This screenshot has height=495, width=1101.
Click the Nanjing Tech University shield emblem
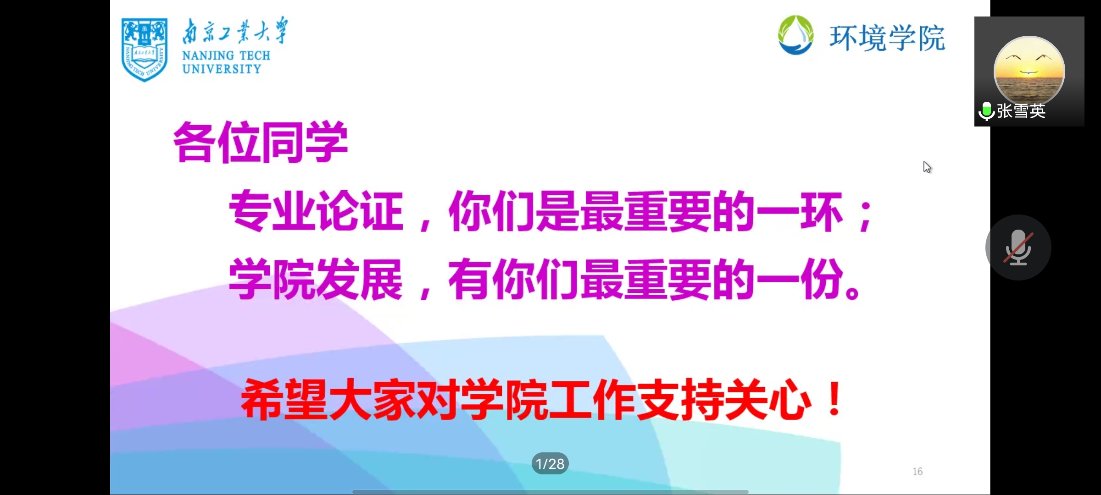click(x=144, y=49)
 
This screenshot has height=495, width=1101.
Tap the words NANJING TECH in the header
click(x=226, y=55)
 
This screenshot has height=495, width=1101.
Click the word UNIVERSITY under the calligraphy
click(x=222, y=69)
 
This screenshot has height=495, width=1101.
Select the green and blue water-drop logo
click(x=796, y=35)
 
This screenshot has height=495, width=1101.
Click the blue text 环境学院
click(x=887, y=38)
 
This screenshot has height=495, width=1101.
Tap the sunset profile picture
click(x=1029, y=71)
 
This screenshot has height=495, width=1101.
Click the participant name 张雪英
click(x=1021, y=111)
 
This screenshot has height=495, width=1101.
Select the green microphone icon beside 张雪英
click(x=986, y=111)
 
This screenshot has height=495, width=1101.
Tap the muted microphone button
click(x=1018, y=247)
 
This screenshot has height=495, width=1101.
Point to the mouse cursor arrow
click(x=927, y=167)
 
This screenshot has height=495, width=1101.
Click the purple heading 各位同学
click(x=260, y=142)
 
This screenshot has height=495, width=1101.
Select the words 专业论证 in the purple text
click(x=316, y=211)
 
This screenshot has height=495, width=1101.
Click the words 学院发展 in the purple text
click(x=316, y=279)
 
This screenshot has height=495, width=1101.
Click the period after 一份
click(x=852, y=291)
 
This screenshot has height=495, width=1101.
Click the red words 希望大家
click(x=328, y=399)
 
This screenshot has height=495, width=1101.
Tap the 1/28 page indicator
click(x=550, y=464)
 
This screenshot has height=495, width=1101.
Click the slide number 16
click(x=917, y=472)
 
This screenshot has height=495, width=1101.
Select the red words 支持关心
click(x=724, y=399)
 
